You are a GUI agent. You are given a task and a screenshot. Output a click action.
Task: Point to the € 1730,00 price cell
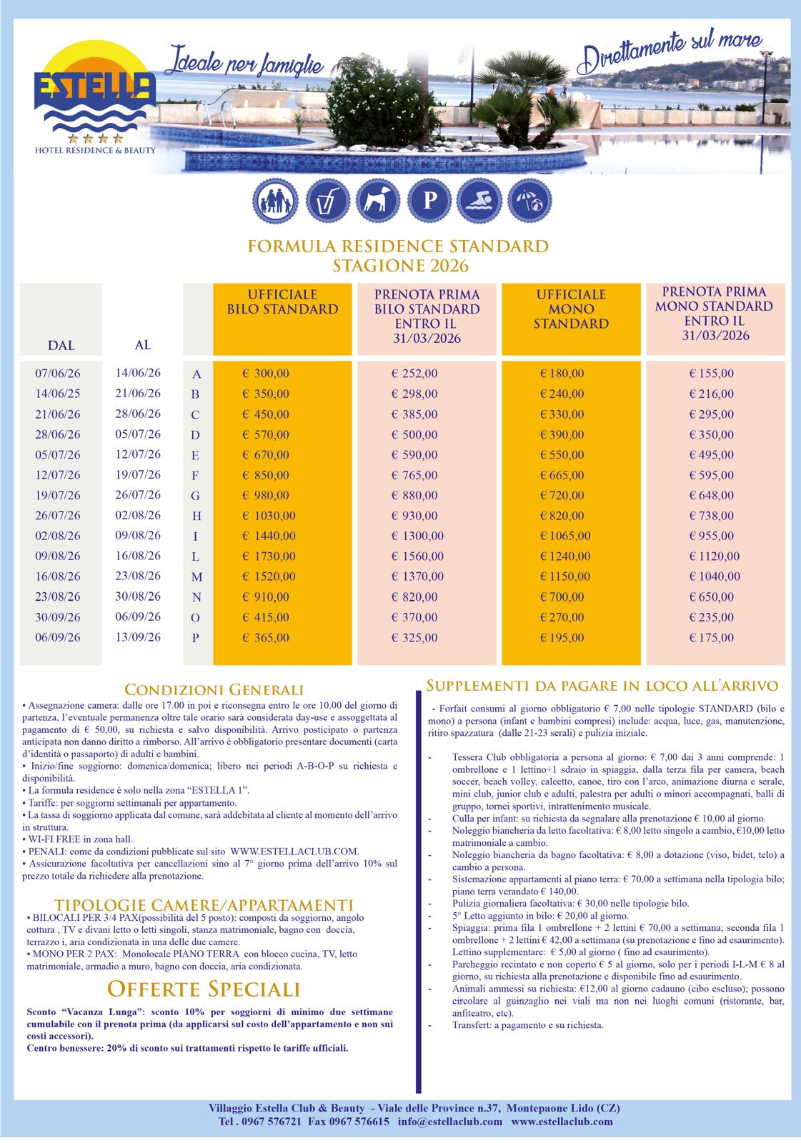[267, 556]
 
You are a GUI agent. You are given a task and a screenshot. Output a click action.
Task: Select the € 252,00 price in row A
[414, 374]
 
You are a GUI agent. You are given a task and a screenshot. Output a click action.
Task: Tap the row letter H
[197, 516]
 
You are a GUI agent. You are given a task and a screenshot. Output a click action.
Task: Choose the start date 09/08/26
[58, 556]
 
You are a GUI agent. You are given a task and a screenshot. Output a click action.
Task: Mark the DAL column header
[61, 346]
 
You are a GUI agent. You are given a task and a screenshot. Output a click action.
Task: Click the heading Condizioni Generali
[214, 689]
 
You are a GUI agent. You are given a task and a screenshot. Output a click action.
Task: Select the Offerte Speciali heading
[204, 989]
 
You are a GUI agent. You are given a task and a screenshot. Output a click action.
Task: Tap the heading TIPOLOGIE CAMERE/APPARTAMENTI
[203, 904]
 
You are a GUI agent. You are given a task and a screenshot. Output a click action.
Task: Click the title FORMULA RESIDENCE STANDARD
[398, 246]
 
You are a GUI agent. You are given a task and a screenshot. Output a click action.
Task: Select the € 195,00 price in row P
[562, 638]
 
